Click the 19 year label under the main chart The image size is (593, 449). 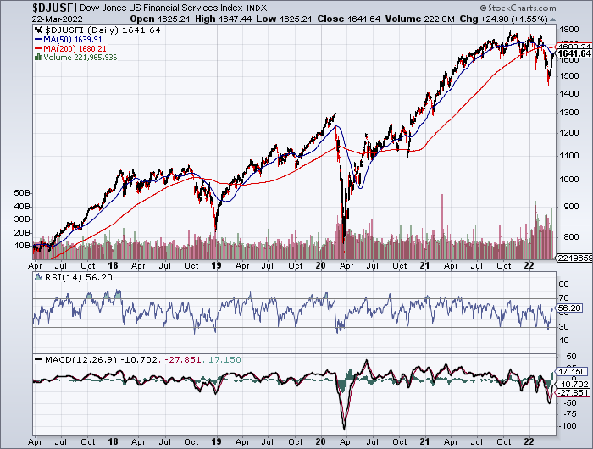[x=217, y=264]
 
